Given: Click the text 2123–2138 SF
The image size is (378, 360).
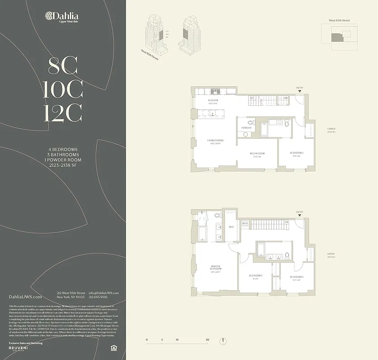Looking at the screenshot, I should pos(63,165).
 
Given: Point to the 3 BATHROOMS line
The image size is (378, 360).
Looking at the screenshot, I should pos(63,154).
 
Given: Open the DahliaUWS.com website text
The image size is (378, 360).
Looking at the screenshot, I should pos(26,297).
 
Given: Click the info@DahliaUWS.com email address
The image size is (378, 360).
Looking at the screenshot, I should pos(104,293).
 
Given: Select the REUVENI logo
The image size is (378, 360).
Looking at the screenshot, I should pos(22,348).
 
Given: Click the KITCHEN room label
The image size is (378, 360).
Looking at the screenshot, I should pos(213,100).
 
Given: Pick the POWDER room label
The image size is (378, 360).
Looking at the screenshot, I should pos(246,128).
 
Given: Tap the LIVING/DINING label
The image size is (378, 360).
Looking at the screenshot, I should pos(216,140).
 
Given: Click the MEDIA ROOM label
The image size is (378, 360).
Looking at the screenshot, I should pos(257,153).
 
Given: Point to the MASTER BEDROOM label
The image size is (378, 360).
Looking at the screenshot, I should pos(216,268).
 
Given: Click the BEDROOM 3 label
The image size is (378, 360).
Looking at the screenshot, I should pos(256,276).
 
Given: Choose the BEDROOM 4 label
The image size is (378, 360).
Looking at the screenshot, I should pos(297,276).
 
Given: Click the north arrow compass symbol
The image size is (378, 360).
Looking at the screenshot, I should pos(222,340).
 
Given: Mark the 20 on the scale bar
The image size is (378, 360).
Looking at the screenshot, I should pos(207,340).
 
